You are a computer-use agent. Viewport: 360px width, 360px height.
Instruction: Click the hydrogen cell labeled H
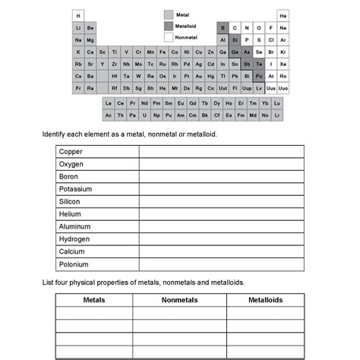[x=78, y=15]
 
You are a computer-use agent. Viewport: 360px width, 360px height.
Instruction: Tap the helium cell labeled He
[x=283, y=15]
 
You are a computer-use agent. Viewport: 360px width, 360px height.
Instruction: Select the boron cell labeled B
[x=223, y=27]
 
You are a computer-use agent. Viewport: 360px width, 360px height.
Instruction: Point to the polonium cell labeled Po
[x=259, y=76]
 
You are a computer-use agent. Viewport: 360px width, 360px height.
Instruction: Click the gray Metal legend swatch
[x=169, y=14]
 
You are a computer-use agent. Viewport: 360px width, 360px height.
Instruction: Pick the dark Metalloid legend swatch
[x=169, y=26]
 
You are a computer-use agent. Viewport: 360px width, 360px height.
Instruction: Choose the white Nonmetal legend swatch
[x=169, y=37]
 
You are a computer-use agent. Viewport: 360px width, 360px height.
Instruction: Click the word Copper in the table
[x=71, y=151]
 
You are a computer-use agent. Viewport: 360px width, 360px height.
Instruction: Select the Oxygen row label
[x=71, y=164]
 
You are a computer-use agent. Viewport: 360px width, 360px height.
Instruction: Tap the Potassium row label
[x=75, y=189]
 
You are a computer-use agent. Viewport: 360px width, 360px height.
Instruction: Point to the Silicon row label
[x=70, y=201]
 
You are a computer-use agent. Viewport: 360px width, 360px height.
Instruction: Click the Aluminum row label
[x=74, y=226]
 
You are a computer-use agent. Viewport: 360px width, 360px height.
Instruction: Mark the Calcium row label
[x=71, y=251]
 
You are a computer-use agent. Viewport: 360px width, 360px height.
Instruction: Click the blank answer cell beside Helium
[x=221, y=214]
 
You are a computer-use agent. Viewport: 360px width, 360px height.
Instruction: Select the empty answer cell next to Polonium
[x=221, y=264]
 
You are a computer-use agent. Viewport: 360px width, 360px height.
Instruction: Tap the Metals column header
[x=93, y=300]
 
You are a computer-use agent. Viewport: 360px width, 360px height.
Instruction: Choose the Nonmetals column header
[x=179, y=300]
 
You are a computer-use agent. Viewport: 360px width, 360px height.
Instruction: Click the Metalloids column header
[x=265, y=300]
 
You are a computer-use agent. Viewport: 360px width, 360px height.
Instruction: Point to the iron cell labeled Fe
[x=163, y=52]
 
